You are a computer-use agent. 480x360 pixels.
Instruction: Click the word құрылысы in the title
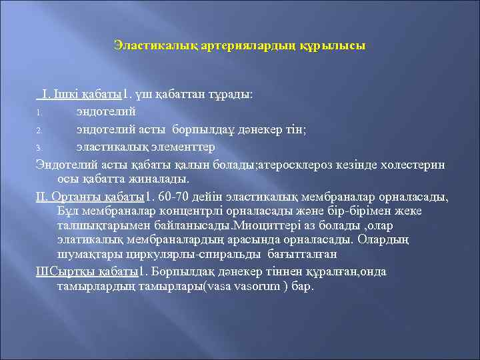point(334,46)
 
